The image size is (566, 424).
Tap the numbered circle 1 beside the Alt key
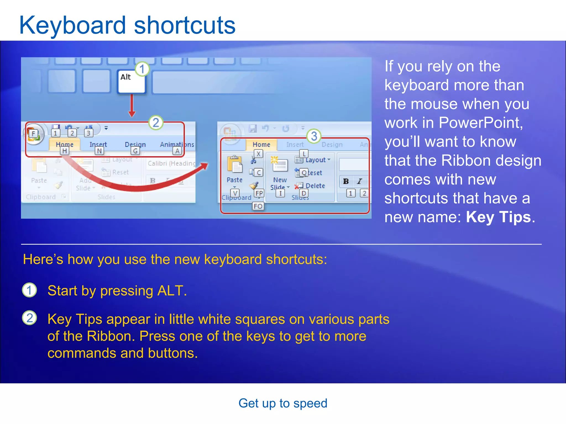click(142, 69)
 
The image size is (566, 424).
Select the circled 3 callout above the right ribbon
click(314, 136)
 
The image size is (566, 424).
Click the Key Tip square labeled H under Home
click(64, 151)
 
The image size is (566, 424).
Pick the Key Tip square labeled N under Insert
click(99, 151)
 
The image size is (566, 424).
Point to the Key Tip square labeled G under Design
click(135, 151)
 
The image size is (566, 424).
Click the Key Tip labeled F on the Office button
click(33, 134)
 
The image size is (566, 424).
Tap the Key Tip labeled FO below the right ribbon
click(258, 206)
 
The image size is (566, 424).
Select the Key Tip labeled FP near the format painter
click(259, 193)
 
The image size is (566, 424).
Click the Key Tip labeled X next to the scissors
click(258, 154)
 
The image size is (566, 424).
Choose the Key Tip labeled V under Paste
click(235, 193)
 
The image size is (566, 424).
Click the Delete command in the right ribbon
click(315, 186)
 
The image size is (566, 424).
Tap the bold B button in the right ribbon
click(346, 181)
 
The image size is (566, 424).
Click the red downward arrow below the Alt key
click(132, 106)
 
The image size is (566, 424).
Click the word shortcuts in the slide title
click(185, 25)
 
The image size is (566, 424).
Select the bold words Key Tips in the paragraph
click(498, 217)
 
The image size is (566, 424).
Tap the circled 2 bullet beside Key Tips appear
click(30, 318)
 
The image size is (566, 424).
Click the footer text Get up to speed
click(283, 403)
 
